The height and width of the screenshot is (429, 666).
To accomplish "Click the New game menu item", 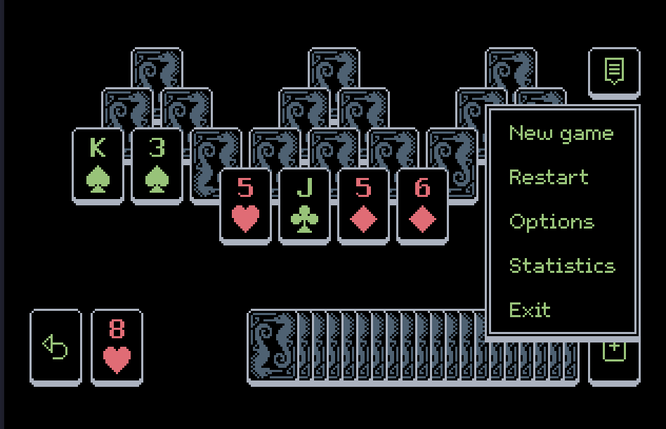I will (x=561, y=133).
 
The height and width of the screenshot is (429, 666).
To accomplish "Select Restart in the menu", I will (x=548, y=177).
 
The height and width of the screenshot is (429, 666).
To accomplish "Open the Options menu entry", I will (x=551, y=222).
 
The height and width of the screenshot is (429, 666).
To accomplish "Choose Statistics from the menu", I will (x=561, y=266).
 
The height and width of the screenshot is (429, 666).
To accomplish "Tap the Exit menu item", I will (x=530, y=309).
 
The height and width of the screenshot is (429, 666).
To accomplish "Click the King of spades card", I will (x=98, y=166).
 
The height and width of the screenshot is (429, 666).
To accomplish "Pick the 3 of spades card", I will (x=157, y=166).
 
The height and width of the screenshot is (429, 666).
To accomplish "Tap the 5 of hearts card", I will (x=245, y=205).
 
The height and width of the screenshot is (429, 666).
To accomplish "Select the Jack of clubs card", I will (x=304, y=205).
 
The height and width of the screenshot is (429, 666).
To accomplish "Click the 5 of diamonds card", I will (x=363, y=205).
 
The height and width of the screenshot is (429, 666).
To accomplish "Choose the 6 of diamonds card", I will (x=422, y=205).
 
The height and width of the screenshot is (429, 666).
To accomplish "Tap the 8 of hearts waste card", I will (x=117, y=347).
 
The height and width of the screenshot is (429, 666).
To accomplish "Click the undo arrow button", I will (x=55, y=347).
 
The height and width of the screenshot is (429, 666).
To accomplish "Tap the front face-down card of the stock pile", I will (x=273, y=347).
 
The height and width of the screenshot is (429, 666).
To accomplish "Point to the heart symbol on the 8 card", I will (x=117, y=360).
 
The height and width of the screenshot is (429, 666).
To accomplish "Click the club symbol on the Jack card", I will (x=304, y=219).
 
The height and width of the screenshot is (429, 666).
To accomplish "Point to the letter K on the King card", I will (x=98, y=148).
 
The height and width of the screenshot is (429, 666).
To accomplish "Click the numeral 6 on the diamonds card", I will (x=422, y=188).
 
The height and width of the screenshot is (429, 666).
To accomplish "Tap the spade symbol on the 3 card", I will (x=157, y=179).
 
